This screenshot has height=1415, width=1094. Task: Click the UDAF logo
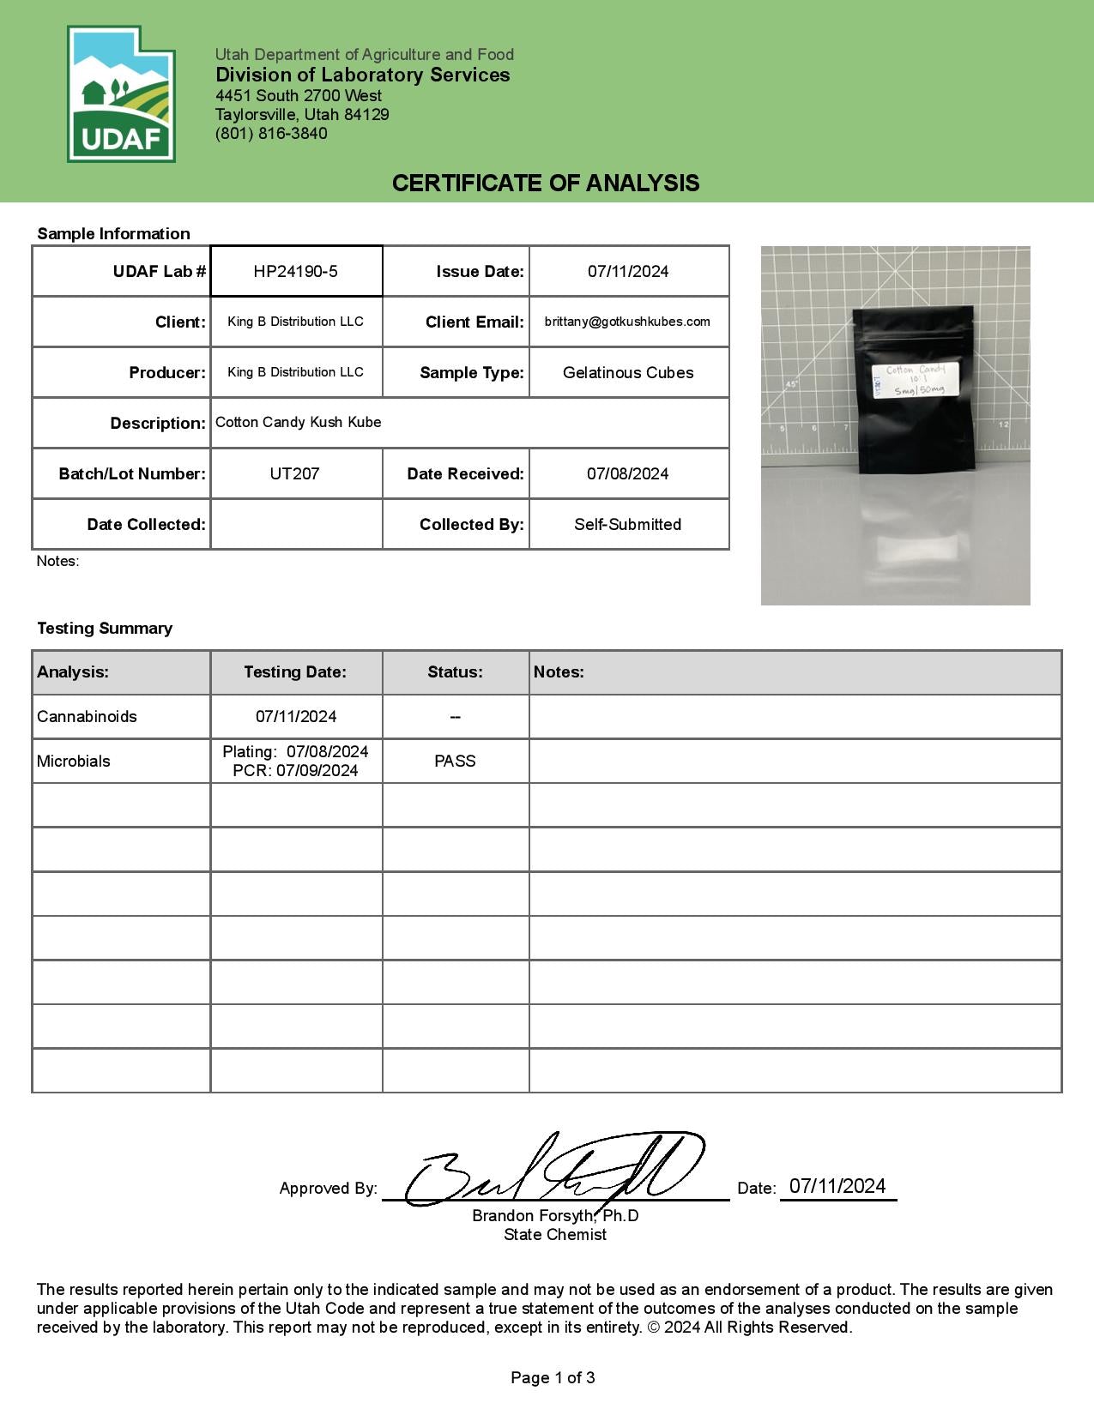[x=121, y=94]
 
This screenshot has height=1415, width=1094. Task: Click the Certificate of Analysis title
[x=546, y=183]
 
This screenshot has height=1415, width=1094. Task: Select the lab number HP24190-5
[x=295, y=272]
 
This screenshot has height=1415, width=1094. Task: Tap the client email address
[x=627, y=322]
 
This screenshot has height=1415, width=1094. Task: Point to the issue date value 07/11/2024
[x=628, y=272]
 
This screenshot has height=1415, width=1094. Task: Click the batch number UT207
[x=294, y=473]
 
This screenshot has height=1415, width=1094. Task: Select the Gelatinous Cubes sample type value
[x=628, y=373]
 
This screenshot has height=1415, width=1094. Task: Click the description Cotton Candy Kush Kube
[x=298, y=422]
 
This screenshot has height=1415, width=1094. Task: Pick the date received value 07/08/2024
[x=628, y=473]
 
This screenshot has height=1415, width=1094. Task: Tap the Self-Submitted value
[x=628, y=524]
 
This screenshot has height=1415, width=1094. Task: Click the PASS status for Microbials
[x=455, y=761]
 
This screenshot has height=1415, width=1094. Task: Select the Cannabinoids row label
[x=87, y=716]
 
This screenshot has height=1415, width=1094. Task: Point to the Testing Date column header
[x=295, y=672]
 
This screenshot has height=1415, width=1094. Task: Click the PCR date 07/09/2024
[x=296, y=771]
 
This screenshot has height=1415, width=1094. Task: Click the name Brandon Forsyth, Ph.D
[x=555, y=1216]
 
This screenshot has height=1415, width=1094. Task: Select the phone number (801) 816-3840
[x=271, y=134]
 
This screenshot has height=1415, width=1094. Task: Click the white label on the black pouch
[x=915, y=380]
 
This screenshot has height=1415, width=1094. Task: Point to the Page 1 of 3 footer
[x=553, y=1377]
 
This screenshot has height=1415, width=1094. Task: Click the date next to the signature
[x=837, y=1186]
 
